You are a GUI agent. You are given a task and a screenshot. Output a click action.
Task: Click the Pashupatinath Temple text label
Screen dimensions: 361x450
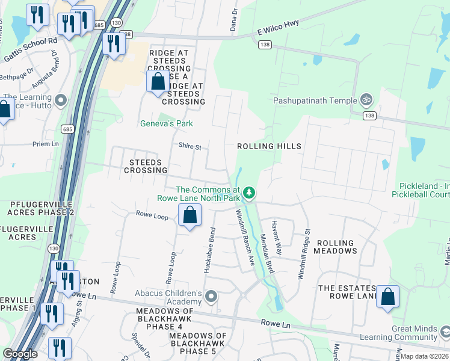(x=315, y=100)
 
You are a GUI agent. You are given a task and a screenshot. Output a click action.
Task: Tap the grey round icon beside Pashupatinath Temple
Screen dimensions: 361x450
(x=366, y=100)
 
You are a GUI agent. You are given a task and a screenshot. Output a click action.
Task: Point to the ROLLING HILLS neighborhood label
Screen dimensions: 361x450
(x=269, y=146)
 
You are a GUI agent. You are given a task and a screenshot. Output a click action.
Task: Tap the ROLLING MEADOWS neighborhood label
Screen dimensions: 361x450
(x=336, y=247)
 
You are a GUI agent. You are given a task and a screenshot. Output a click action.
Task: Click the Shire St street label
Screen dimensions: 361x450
(x=190, y=146)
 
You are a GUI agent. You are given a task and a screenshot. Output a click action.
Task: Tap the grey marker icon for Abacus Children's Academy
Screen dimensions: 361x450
(x=211, y=296)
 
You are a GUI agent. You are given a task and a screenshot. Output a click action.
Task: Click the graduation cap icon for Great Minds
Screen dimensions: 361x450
(x=445, y=332)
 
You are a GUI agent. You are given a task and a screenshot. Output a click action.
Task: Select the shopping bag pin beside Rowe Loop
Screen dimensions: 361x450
(x=190, y=215)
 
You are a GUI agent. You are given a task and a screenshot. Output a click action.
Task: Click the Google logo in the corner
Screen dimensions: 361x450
(x=20, y=354)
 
